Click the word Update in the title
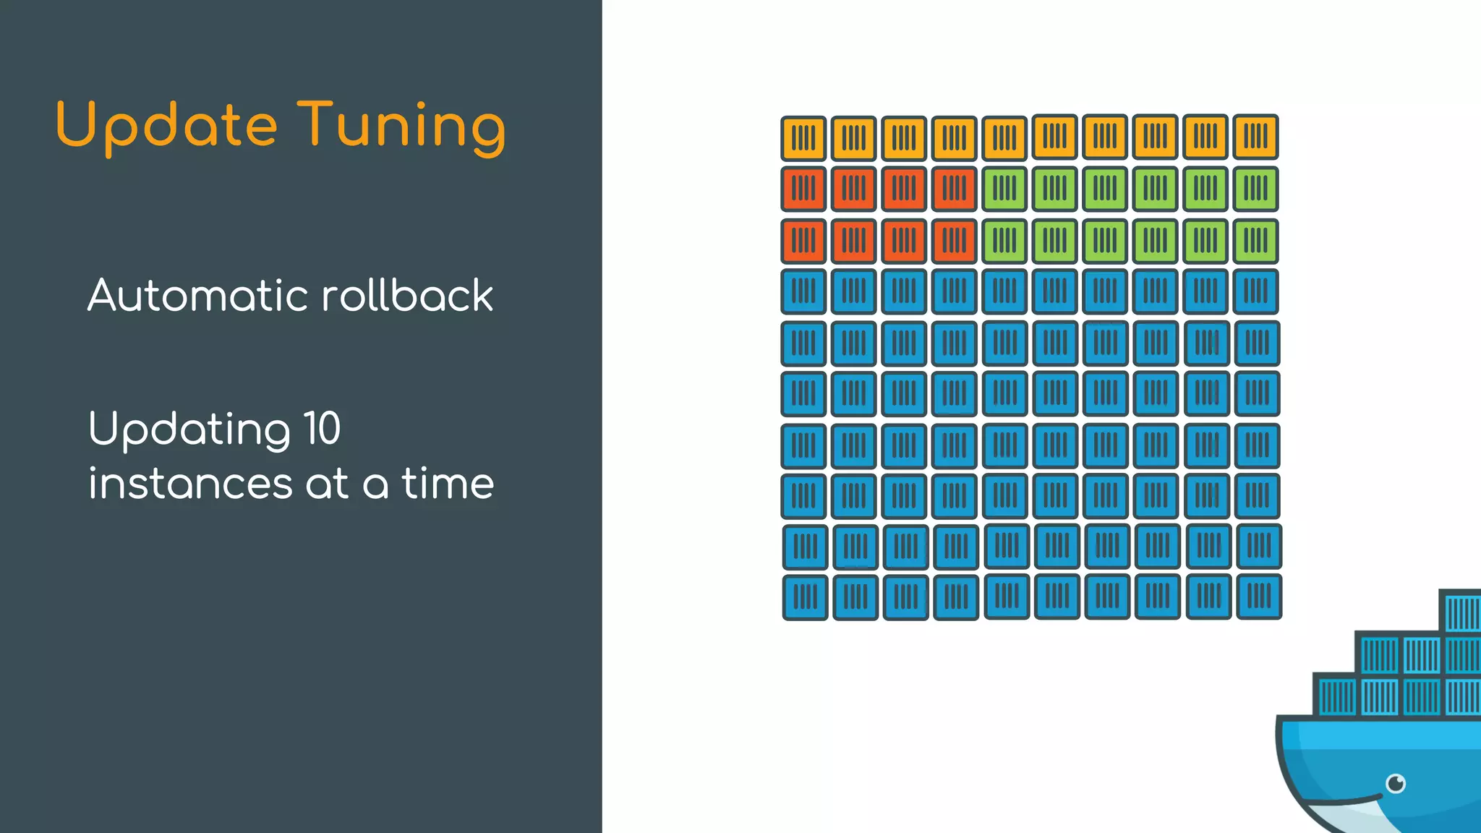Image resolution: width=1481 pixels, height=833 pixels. [x=166, y=126]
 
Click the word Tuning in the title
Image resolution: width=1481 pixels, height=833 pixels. [x=401, y=126]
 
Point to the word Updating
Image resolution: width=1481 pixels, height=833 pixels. [x=189, y=430]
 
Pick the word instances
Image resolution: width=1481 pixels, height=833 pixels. [x=190, y=484]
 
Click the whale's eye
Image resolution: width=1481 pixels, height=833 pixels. [x=1396, y=783]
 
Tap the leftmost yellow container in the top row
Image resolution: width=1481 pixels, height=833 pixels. [x=803, y=137]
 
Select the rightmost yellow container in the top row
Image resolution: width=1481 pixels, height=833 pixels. [x=1255, y=137]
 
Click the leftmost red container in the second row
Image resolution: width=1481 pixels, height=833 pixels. [x=803, y=189]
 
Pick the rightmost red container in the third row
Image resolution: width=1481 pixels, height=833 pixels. [x=954, y=240]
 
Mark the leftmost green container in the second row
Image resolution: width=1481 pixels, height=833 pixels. [x=1004, y=189]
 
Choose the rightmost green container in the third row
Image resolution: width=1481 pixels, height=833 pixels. [x=1255, y=240]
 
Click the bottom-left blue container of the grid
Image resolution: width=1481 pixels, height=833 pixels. [x=805, y=597]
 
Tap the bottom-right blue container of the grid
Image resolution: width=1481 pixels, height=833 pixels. [x=1259, y=597]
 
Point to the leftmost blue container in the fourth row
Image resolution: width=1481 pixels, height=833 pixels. [x=803, y=291]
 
